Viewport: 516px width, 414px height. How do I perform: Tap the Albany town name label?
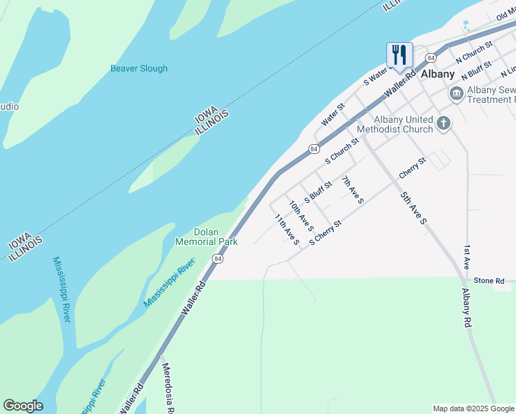pos(438,75)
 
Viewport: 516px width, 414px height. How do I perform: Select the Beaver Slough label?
pos(139,68)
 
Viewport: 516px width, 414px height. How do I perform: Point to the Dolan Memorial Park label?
pos(206,237)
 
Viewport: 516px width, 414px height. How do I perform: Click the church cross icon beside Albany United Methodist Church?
pos(443,124)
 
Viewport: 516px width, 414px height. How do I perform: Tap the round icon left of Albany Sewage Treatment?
pos(456,94)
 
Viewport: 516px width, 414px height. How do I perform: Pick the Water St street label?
pos(333,116)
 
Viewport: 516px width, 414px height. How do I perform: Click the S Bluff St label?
pos(318,190)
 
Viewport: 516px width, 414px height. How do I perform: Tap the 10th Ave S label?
pos(301,216)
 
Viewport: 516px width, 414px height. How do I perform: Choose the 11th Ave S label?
pos(286,229)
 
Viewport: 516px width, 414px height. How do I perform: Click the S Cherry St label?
pos(326,233)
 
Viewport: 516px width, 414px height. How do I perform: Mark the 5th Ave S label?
pos(414,207)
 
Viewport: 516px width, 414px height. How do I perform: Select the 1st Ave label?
pos(467,257)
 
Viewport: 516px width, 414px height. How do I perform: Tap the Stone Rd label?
pos(489,281)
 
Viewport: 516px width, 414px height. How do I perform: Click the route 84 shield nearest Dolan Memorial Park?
pos(218,259)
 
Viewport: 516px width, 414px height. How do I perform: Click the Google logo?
pos(23,406)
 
